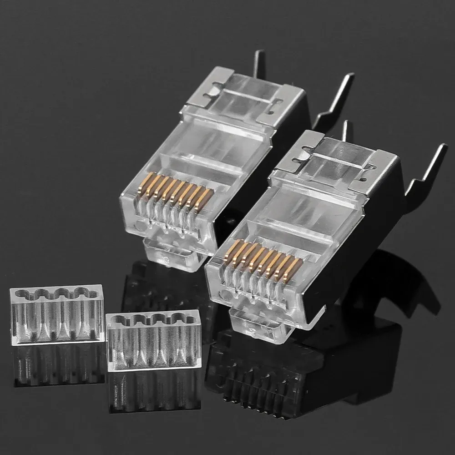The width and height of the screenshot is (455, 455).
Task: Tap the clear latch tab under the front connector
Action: tap(257, 320)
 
